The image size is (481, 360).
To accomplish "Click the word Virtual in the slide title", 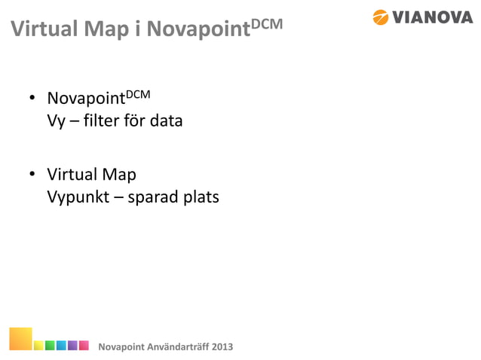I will click(40, 30).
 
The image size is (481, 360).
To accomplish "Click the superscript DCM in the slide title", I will click(266, 23).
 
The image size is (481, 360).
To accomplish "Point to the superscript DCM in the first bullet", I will click(138, 94).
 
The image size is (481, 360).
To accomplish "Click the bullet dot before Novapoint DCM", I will click(33, 100).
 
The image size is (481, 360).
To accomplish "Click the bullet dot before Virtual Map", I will click(33, 177).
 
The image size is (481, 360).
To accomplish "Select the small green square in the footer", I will click(49, 345).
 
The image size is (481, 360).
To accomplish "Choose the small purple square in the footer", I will click(73, 345).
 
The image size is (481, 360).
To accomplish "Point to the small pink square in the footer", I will click(84, 345).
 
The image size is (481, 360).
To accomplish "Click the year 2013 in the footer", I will click(221, 346).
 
